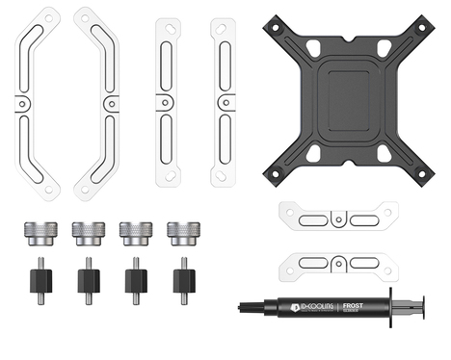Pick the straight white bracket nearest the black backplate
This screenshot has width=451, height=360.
coord(224,101)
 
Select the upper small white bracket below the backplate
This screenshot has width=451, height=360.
coord(337,219)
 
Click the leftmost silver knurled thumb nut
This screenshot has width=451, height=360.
coord(39,233)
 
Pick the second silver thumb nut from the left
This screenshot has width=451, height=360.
coord(88,233)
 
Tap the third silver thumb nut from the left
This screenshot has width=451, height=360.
coord(134,233)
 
